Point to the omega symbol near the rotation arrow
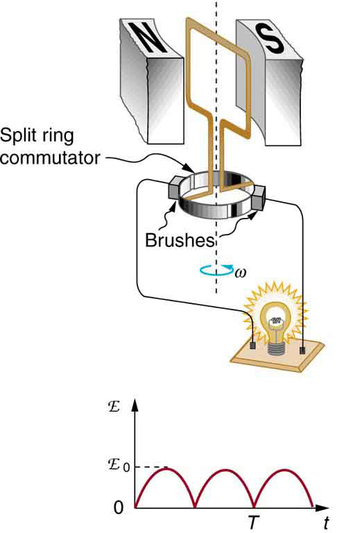[x=240, y=272]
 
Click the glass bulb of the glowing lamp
[x=276, y=320]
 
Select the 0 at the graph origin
[x=118, y=509]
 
